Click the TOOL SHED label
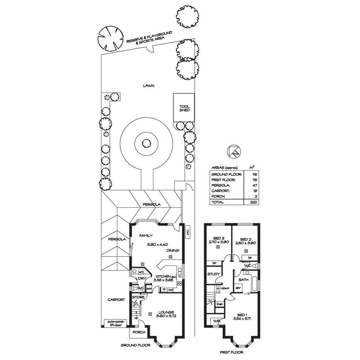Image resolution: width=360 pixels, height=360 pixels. coord(184,109)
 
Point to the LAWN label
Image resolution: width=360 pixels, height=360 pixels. coord(148,86)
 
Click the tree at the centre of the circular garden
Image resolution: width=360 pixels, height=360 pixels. coord(146,144)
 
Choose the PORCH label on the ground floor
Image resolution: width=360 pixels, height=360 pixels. coord(139,332)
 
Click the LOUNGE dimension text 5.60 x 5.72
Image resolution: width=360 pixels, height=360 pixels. coord(166,316)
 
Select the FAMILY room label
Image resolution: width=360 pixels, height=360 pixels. coord(146,235)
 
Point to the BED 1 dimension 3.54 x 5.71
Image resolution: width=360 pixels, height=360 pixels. coord(243,319)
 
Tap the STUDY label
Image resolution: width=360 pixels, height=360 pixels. coord(214,274)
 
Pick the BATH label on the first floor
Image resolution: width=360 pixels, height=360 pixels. coord(243,279)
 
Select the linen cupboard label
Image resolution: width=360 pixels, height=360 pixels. coord(220,304)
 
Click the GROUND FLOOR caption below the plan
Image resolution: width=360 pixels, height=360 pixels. coord(135,345)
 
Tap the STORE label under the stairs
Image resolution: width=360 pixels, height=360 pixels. coord(138,297)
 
